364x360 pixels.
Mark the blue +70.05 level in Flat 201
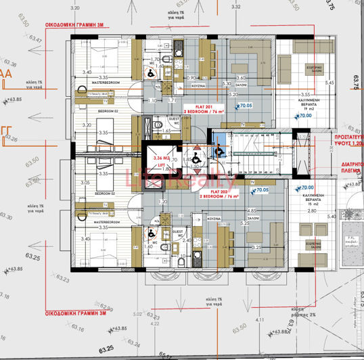tap(242, 106)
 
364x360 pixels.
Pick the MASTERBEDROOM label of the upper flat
tap(105, 83)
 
